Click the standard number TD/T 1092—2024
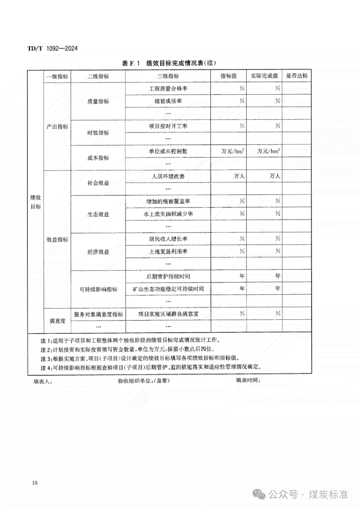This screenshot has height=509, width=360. point(52,49)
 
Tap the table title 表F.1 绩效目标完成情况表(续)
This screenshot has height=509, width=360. point(169,63)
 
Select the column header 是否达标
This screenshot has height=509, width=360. point(297,76)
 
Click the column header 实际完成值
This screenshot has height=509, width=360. point(264,76)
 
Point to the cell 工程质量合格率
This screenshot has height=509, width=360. point(168,89)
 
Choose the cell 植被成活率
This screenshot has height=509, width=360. point(168,101)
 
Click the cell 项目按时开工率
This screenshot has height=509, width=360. point(168,126)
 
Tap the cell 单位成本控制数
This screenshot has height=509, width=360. point(168,151)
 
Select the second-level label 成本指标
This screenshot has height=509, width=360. point(98,158)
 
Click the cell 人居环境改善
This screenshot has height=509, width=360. point(168,177)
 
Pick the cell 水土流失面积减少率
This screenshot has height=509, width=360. point(168,214)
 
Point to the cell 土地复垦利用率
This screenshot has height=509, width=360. point(168,252)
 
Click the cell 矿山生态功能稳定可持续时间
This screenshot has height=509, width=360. point(168,289)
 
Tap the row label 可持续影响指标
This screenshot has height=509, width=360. point(98,289)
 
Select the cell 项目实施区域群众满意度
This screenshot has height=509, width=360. point(168,314)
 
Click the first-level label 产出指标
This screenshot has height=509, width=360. point(57,127)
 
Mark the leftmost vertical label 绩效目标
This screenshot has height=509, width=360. point(36,202)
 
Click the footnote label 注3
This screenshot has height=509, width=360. point(45,359)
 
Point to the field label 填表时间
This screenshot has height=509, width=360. point(248,380)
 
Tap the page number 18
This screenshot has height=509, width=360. point(35,483)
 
